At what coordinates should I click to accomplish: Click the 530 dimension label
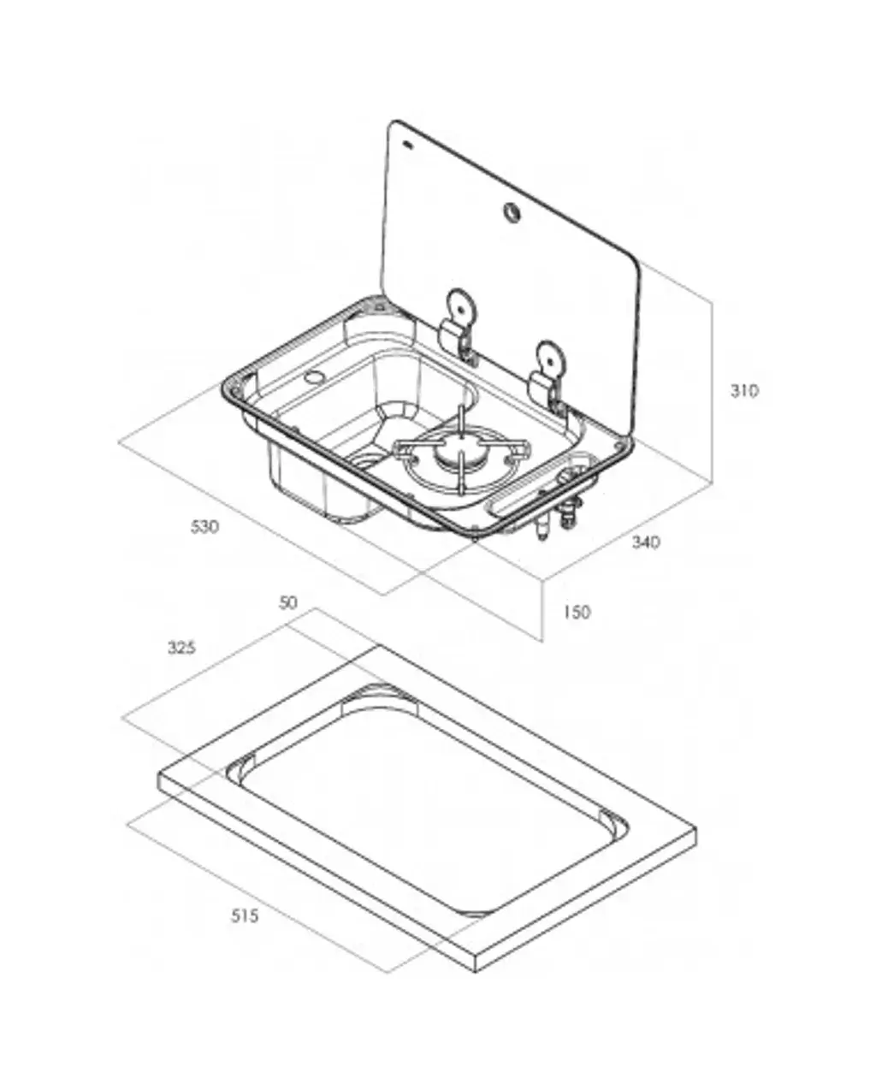pyautogui.click(x=204, y=527)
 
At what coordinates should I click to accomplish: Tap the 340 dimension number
pyautogui.click(x=646, y=542)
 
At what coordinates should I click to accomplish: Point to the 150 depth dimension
pyautogui.click(x=577, y=613)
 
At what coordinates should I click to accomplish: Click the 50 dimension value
pyautogui.click(x=288, y=602)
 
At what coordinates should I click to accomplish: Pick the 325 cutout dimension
pyautogui.click(x=181, y=648)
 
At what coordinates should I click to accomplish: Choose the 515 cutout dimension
pyautogui.click(x=244, y=915)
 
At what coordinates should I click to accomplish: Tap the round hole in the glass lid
pyautogui.click(x=512, y=212)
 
